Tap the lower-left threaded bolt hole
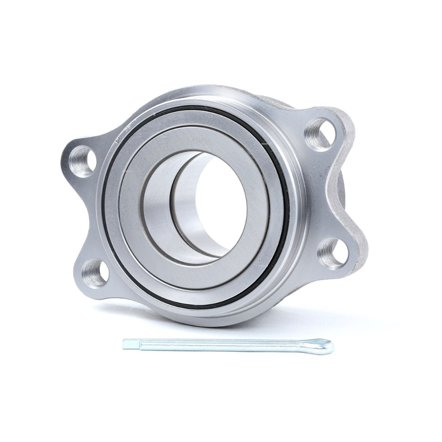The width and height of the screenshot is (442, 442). tap(95, 273)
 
